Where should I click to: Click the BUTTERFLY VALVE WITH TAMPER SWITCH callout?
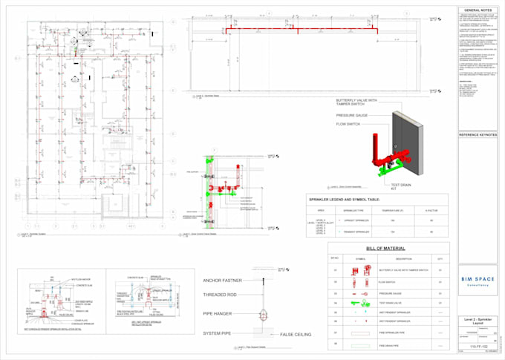[356, 102]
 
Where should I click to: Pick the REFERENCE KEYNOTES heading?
[480, 136]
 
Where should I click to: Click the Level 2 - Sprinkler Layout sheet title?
[480, 321]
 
